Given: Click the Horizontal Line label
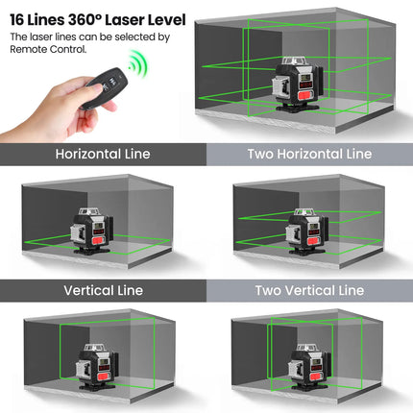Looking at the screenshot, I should click(x=103, y=154).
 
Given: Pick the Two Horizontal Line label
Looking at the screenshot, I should click(x=309, y=154).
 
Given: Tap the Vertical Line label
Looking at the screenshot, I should click(x=103, y=290).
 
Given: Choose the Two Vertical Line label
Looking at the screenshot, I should click(x=309, y=290).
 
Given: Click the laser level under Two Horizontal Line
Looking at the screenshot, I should click(x=306, y=231).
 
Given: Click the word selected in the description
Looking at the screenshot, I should click(x=133, y=36).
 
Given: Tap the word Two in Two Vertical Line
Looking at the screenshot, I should click(x=269, y=290).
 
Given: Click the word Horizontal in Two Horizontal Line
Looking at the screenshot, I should click(x=311, y=154).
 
